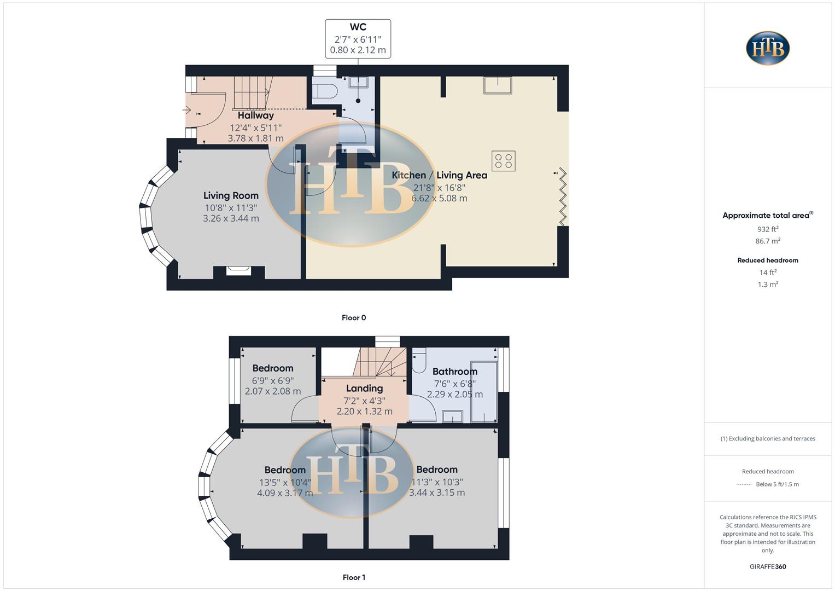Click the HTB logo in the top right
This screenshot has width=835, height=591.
pos(768,48)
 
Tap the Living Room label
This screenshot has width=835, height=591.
pos(231,195)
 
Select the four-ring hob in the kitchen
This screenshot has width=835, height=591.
pos(503,161)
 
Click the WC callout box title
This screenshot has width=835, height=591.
pos(358,27)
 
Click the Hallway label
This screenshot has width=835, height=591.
pos(255,115)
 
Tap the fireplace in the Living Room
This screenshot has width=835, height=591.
pos(239,270)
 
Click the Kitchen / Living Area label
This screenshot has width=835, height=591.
pos(439,175)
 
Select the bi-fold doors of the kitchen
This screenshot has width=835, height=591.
pos(562,197)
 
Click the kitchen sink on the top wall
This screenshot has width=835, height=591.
pos(498,85)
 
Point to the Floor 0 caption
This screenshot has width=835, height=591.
pos(354,317)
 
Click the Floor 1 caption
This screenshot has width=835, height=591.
pos(354,577)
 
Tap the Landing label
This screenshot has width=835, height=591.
pos(364,388)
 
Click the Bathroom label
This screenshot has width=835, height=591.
pos(454,372)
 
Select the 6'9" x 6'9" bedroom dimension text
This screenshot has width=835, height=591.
pos(272,380)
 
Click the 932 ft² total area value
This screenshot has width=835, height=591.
pos(768,229)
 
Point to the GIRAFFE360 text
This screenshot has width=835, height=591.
pos(768,566)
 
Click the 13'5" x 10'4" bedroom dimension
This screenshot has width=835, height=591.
pos(285,482)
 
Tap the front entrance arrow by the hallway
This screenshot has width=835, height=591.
pos(186,109)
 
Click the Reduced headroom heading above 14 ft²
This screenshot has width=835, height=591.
pos(768,260)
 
